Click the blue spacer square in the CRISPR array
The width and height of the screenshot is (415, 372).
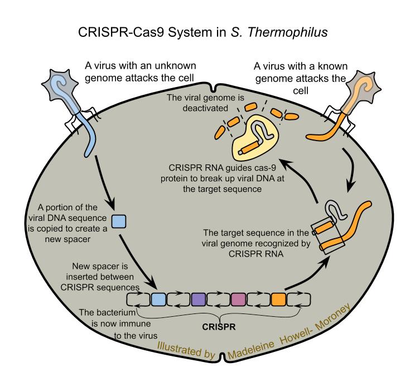159,299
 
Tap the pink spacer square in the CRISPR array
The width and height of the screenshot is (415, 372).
239,299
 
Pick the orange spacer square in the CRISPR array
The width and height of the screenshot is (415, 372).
279,299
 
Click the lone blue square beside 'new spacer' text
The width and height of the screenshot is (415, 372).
118,221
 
